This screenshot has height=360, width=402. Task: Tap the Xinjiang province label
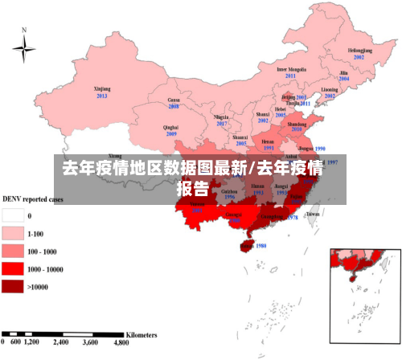pyautogui.click(x=101, y=91)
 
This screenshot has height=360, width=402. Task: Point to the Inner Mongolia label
pyautogui.click(x=292, y=69)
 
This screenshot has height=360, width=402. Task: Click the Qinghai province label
pyautogui.click(x=170, y=127)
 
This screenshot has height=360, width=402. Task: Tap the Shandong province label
pyautogui.click(x=297, y=125)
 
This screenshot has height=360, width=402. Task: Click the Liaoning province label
pyautogui.click(x=330, y=90)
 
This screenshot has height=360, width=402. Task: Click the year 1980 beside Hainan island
pyautogui.click(x=260, y=246)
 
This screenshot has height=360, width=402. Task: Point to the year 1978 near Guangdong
pyautogui.click(x=293, y=217)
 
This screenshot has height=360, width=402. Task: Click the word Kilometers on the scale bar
pyautogui.click(x=142, y=333)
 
